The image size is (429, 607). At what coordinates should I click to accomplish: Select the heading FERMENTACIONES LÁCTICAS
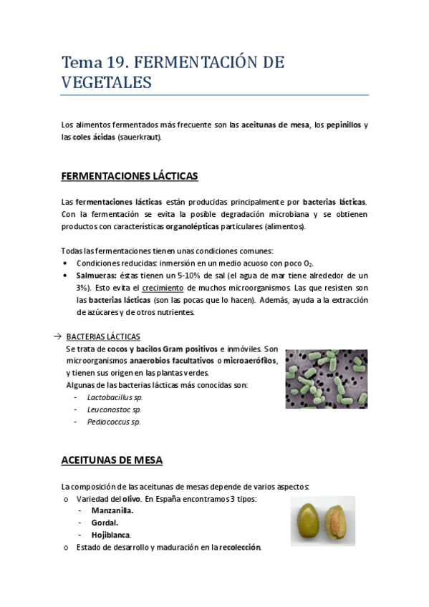[x=130, y=175]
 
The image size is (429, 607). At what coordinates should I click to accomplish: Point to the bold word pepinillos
[x=339, y=125]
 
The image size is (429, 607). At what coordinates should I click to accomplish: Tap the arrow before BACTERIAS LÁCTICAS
[x=57, y=336]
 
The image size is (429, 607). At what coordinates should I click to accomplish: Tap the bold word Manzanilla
[x=112, y=510]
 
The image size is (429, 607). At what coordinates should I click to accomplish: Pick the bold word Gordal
[x=105, y=523]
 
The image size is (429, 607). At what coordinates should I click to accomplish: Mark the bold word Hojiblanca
[x=110, y=535]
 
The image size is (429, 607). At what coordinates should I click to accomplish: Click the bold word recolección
[x=241, y=548]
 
